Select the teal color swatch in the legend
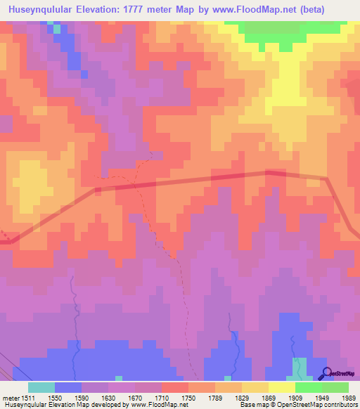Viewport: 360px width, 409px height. click(41, 387)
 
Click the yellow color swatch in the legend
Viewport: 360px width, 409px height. click(281, 387)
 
